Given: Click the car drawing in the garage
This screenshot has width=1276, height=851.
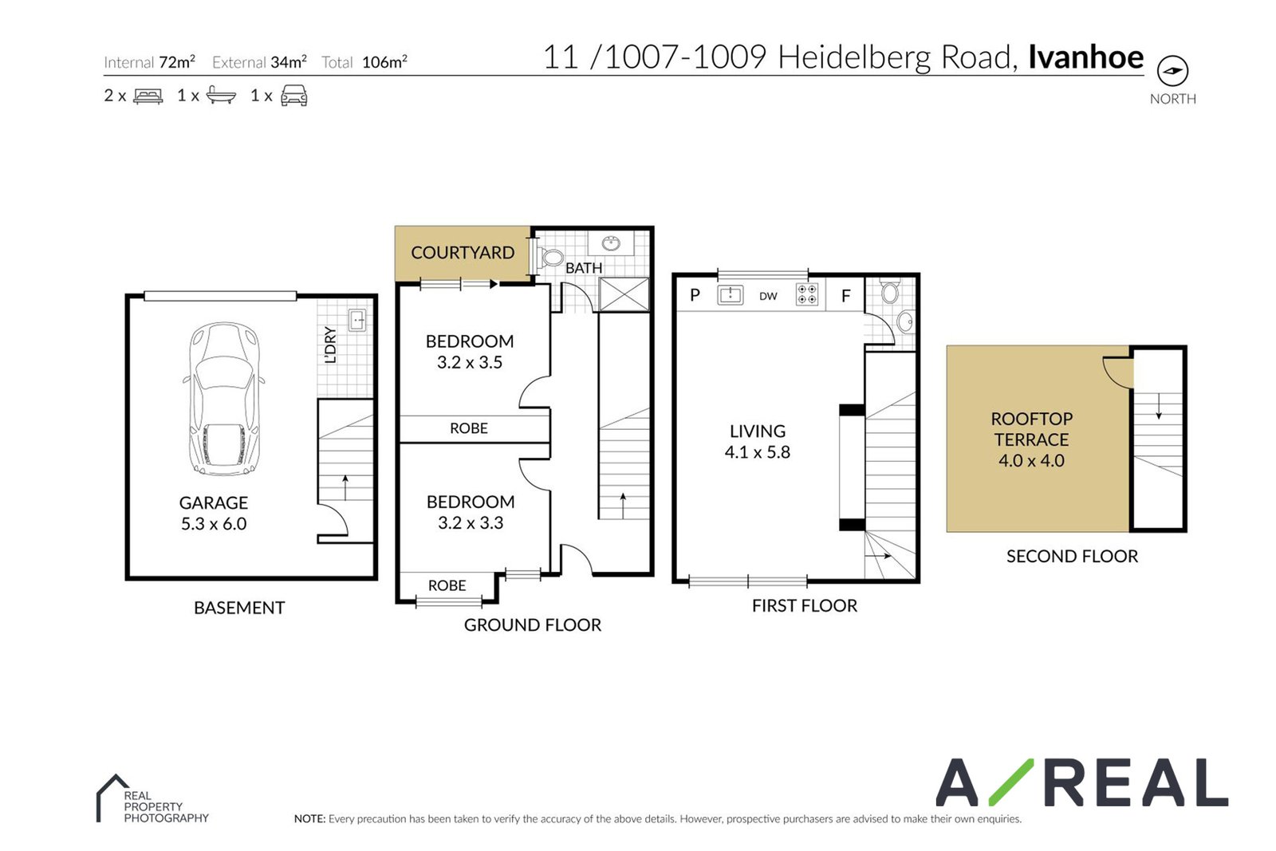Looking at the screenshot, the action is [x=224, y=398].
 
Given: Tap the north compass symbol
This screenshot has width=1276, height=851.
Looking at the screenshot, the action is [x=1172, y=71].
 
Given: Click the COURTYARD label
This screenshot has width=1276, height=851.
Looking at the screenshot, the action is [x=463, y=252].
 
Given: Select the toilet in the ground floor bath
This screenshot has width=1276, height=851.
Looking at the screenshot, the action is [x=549, y=257].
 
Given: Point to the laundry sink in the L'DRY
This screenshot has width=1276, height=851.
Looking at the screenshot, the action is [x=357, y=320].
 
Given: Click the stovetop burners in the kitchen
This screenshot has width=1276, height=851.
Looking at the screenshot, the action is [x=807, y=294].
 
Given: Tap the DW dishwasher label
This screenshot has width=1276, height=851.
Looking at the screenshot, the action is [x=768, y=296].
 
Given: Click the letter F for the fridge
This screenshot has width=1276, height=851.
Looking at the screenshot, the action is [x=846, y=296].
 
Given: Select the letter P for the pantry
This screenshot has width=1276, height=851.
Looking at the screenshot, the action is [x=695, y=295].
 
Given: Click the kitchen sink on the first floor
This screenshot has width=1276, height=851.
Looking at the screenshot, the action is [x=731, y=295].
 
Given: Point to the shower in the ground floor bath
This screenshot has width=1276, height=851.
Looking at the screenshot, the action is [x=624, y=294].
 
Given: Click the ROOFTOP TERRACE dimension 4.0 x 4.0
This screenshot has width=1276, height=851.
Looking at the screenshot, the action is [x=1031, y=460].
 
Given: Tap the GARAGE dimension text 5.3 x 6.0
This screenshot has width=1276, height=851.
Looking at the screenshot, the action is [x=214, y=523].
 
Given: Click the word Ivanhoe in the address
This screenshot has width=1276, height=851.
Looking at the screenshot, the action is [x=1085, y=57].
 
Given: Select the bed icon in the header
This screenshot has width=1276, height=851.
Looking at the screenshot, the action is [x=148, y=96].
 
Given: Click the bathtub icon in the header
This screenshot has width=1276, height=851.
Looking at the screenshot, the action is [x=221, y=95].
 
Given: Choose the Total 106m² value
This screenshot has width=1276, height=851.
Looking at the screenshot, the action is [x=384, y=61].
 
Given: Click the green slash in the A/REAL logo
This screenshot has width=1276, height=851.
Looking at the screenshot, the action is [x=1011, y=782].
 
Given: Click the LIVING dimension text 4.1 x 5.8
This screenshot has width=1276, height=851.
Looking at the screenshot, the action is [x=757, y=452].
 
